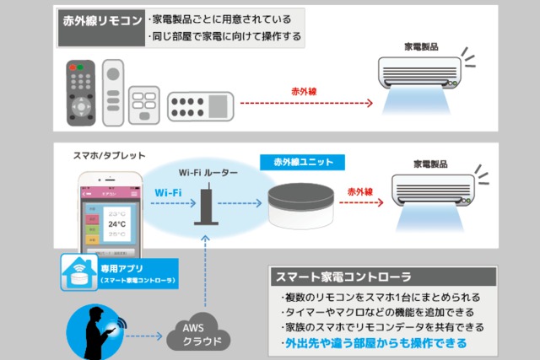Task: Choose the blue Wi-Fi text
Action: tap(168, 192)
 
